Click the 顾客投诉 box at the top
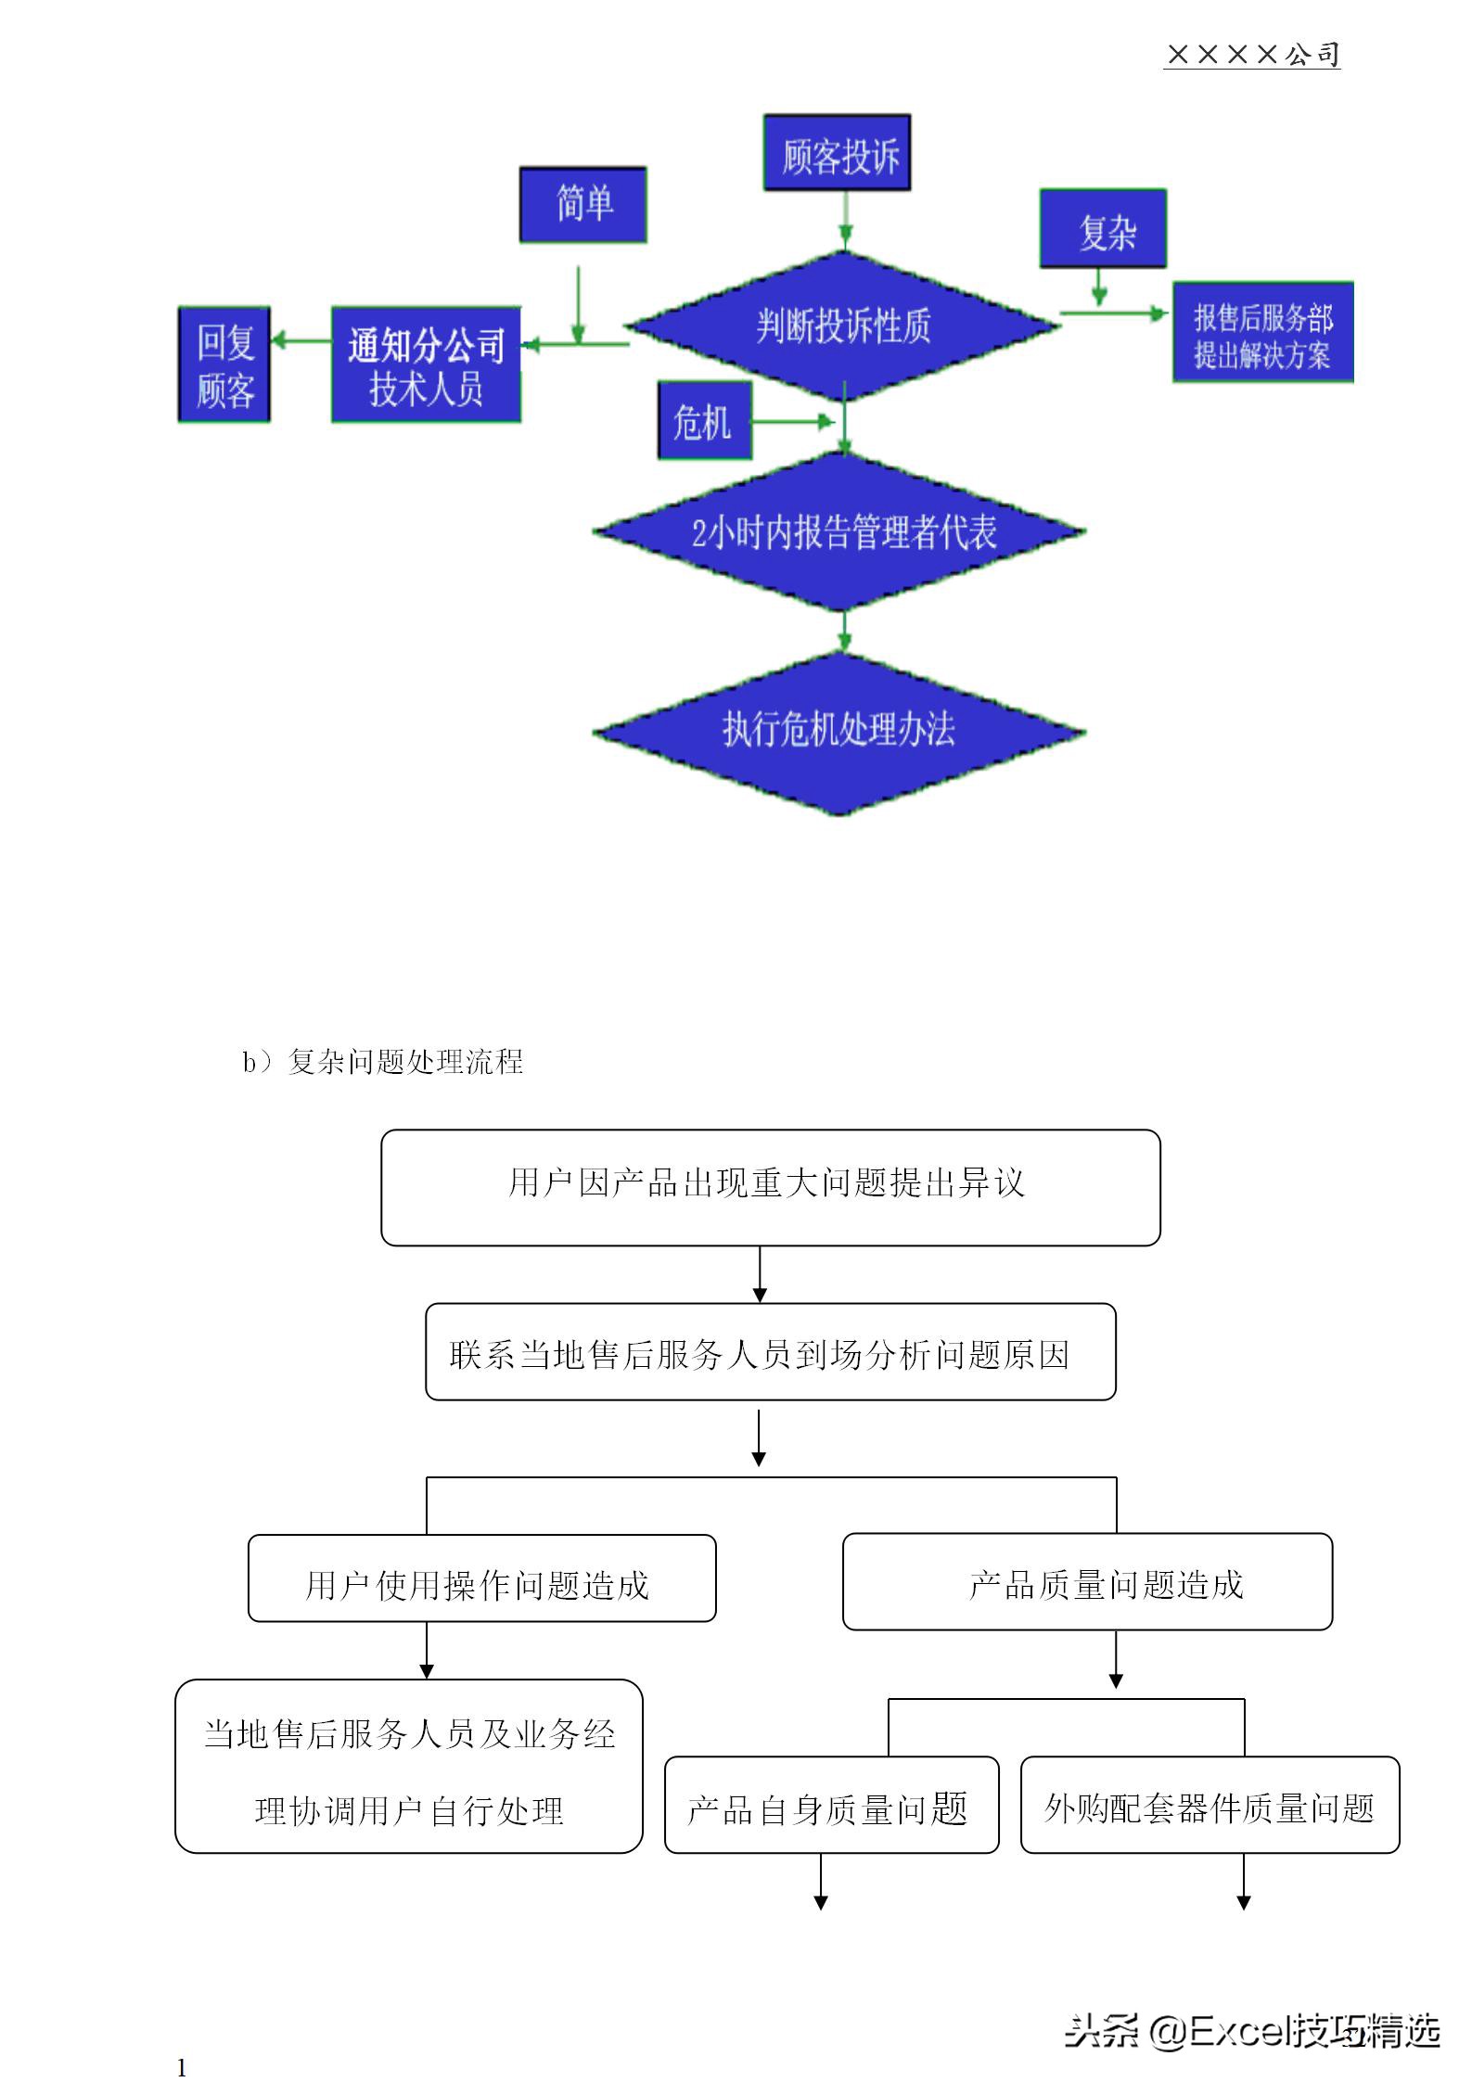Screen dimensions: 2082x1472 point(836,154)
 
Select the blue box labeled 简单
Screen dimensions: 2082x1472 point(582,205)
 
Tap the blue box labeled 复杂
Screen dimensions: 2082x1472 point(1102,229)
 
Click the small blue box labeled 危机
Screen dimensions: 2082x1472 point(704,421)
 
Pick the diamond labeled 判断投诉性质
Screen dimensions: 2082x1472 point(842,326)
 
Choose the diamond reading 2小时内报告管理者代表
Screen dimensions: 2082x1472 point(840,532)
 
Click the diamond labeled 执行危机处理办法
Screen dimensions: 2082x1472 point(838,734)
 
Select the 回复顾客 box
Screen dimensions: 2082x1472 point(224,364)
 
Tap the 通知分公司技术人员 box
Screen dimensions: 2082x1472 point(426,365)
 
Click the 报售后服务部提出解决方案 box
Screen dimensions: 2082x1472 point(1261,333)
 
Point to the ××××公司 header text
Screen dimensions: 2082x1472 point(1251,55)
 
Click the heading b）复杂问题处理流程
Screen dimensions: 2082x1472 point(383,1061)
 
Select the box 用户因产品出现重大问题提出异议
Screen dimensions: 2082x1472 point(770,1187)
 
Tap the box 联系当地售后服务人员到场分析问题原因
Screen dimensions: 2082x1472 point(770,1352)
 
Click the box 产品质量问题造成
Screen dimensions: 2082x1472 point(1087,1583)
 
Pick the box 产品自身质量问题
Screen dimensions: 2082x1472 point(831,1807)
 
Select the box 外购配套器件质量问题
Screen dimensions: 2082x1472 point(1209,1807)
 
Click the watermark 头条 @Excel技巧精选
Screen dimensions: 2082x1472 point(1251,2030)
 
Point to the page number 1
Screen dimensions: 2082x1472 point(182,2067)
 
